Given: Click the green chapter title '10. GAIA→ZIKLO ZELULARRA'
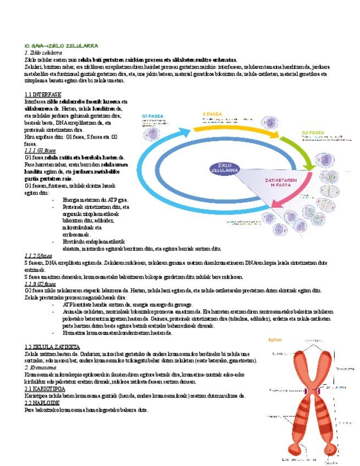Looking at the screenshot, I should tap(62, 46).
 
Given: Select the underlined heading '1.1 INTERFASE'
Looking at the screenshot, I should tap(43, 95).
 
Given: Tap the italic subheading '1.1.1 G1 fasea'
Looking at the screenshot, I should tap(40, 151).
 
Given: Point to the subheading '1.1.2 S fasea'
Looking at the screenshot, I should tap(38, 256).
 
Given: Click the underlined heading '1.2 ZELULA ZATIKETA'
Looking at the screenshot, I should tap(53, 347).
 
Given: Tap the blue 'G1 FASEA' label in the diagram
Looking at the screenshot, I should tap(152, 116).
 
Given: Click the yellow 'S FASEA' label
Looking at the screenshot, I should tap(212, 114).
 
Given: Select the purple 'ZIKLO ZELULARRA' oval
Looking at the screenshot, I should tap(228, 167).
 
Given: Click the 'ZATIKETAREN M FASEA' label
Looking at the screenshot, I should tap(281, 183).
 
